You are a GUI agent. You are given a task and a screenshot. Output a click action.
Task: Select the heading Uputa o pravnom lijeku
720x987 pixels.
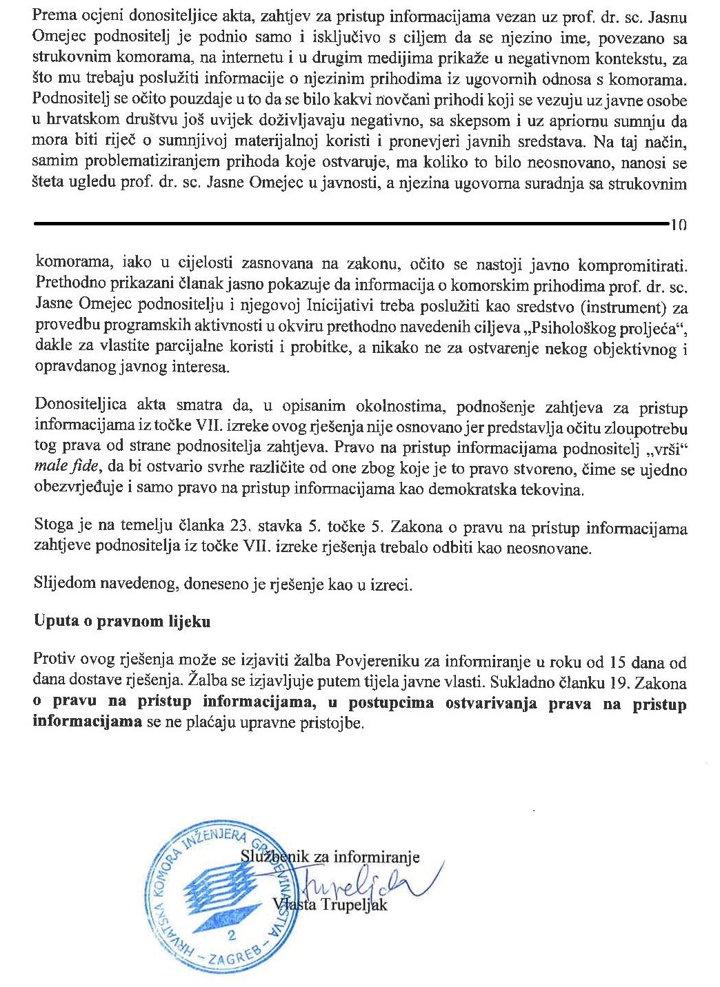click(122, 621)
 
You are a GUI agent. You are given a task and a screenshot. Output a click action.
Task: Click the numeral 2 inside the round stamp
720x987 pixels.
click(230, 935)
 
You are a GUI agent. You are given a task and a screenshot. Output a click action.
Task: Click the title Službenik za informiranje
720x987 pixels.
click(330, 857)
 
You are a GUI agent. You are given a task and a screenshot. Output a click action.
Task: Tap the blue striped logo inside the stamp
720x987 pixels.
click(221, 889)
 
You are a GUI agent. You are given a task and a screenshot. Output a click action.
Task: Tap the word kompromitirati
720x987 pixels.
click(633, 265)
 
